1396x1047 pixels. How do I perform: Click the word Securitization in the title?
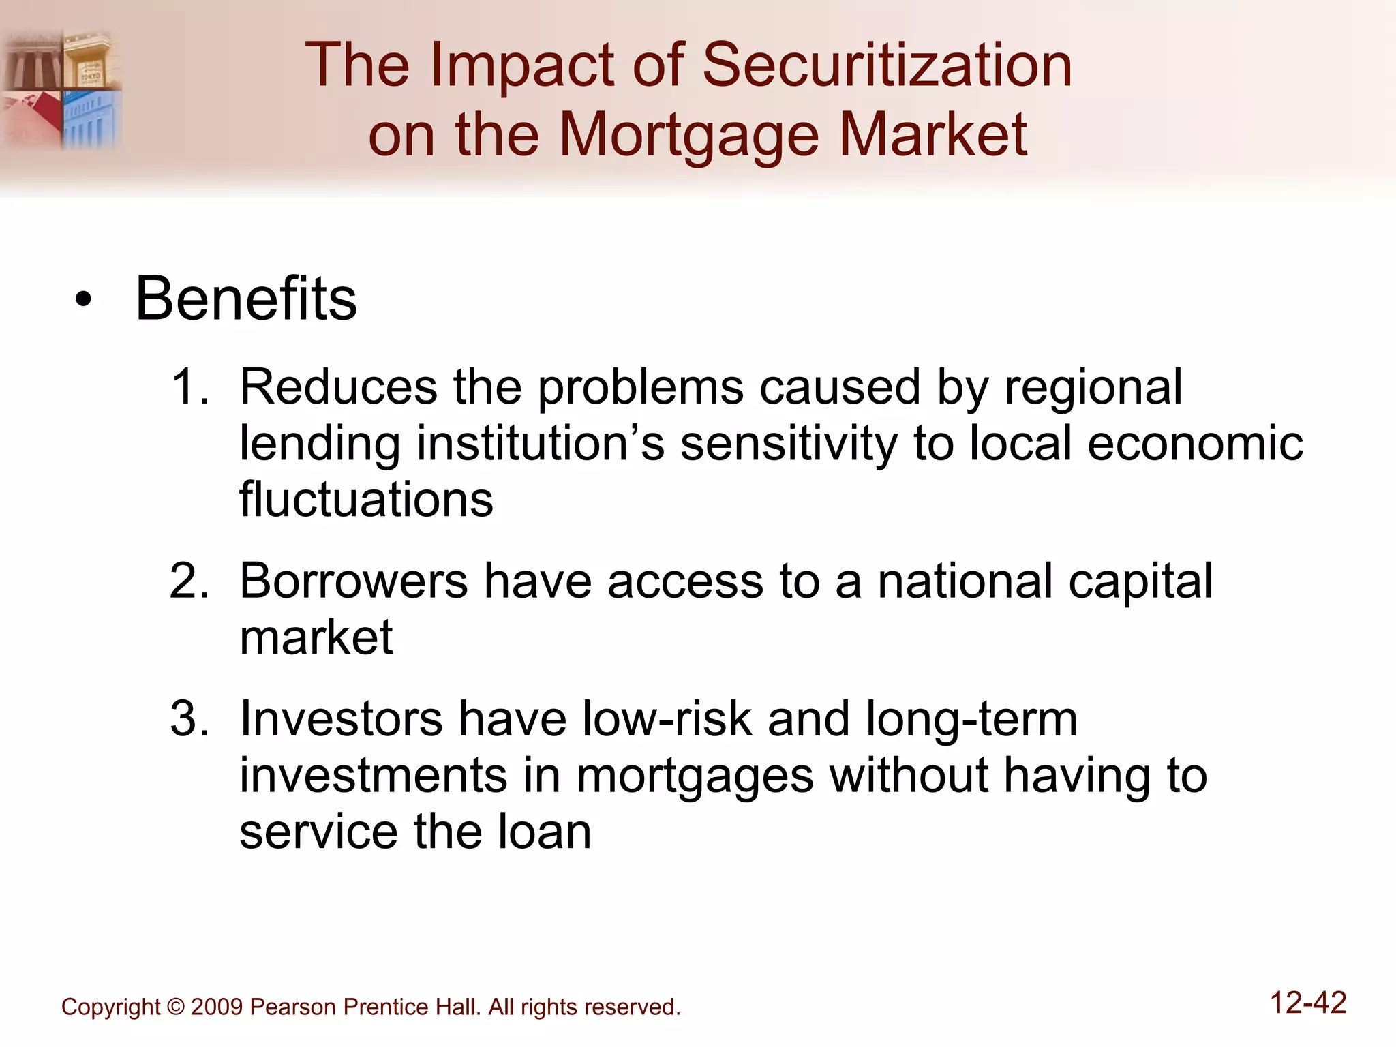[887, 65]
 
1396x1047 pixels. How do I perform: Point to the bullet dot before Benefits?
[83, 301]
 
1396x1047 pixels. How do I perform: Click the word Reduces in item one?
[338, 387]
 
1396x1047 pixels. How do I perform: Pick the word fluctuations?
[366, 499]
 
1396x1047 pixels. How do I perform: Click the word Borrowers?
[354, 581]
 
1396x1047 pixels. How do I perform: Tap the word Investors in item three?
[341, 719]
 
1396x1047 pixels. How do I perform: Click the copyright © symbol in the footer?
[176, 1007]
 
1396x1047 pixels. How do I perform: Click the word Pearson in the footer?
[293, 1007]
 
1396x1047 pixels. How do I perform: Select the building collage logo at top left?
[61, 89]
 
